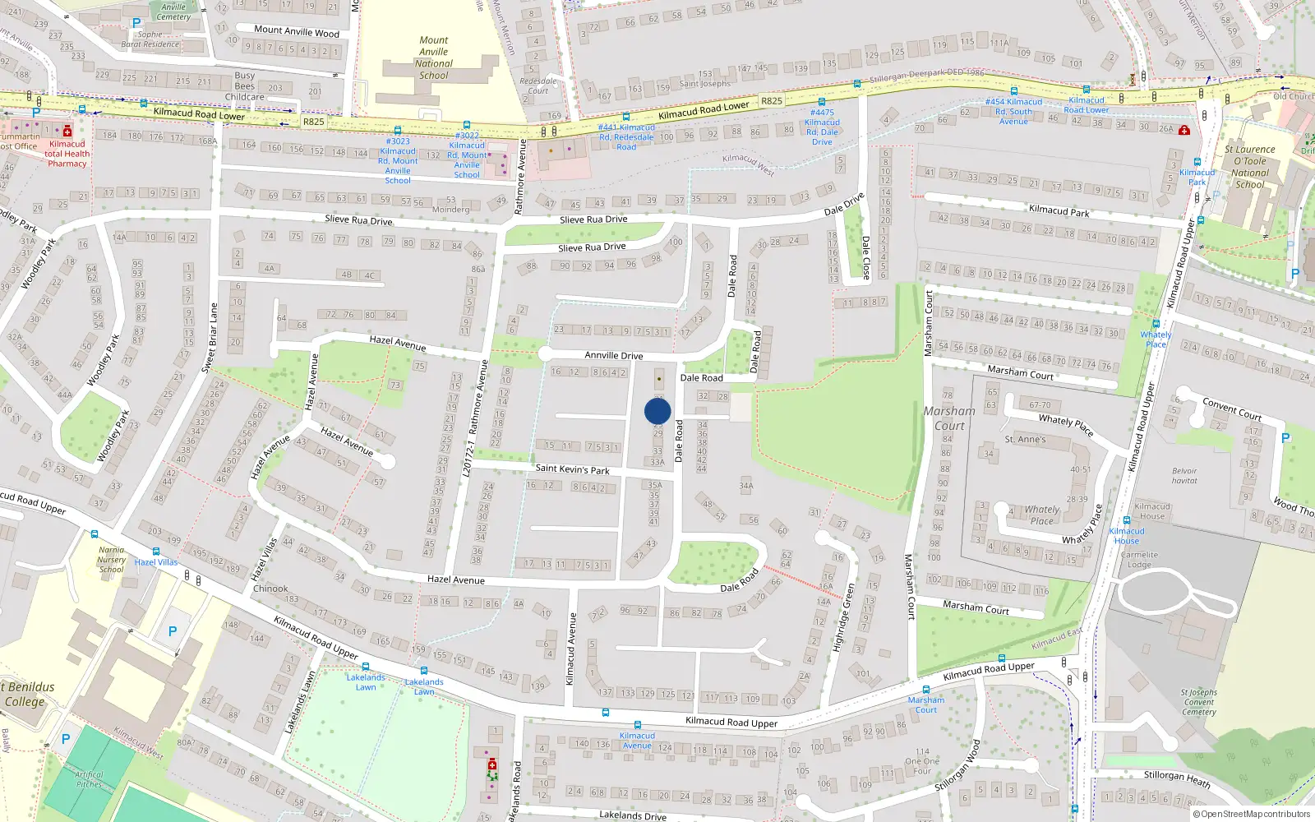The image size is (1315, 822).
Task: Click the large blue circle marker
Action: coord(657,411)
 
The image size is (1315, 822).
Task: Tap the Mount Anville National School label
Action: coord(433,58)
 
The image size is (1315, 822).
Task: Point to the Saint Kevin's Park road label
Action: coord(572,469)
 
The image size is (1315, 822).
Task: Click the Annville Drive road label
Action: coord(613,356)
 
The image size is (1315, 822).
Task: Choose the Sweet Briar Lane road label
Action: coord(210,338)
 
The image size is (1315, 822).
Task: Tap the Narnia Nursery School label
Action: coord(112,560)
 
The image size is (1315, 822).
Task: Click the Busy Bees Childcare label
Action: coord(245,86)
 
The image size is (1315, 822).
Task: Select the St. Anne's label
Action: coord(1025,440)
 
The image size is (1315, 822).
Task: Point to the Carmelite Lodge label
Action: coord(1139,560)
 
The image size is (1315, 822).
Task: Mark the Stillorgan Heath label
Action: coord(1177,778)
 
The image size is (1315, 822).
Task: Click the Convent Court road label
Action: coord(1231,409)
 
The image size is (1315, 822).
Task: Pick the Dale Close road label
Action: coord(865,257)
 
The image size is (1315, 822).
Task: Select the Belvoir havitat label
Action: coord(1184,476)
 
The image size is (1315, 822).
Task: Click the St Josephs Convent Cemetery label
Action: coord(1199,702)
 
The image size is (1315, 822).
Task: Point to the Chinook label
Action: coord(270,589)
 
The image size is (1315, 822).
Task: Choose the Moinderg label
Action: coord(450,210)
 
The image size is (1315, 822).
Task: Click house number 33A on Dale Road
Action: coord(657,462)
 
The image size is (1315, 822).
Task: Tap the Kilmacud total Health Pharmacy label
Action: coord(67,154)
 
